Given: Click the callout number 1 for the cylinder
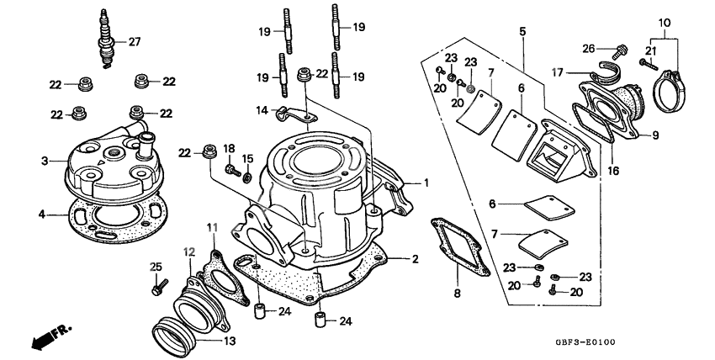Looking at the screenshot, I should [x=426, y=182].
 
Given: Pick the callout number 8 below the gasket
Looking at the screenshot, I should [x=458, y=294].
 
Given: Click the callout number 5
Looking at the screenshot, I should [x=522, y=31].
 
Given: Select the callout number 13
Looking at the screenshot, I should [x=229, y=341].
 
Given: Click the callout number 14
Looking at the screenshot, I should [x=261, y=109].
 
